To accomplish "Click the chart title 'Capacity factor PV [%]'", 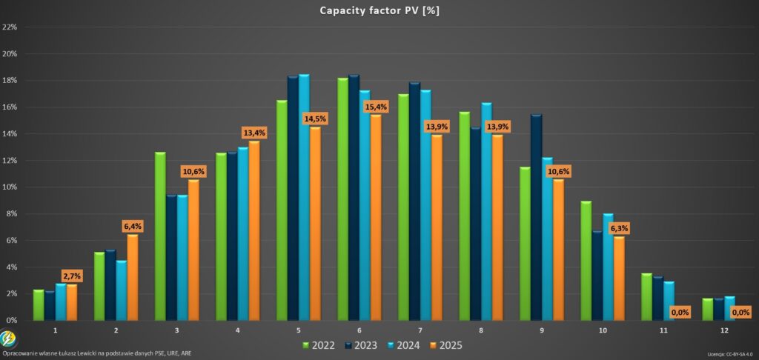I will click(x=379, y=10).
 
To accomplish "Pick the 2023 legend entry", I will click(x=363, y=344).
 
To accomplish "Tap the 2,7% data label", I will click(x=72, y=276).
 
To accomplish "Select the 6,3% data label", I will click(x=619, y=228).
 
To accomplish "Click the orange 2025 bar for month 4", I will click(x=253, y=230).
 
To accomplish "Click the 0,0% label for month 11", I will click(x=680, y=313).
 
